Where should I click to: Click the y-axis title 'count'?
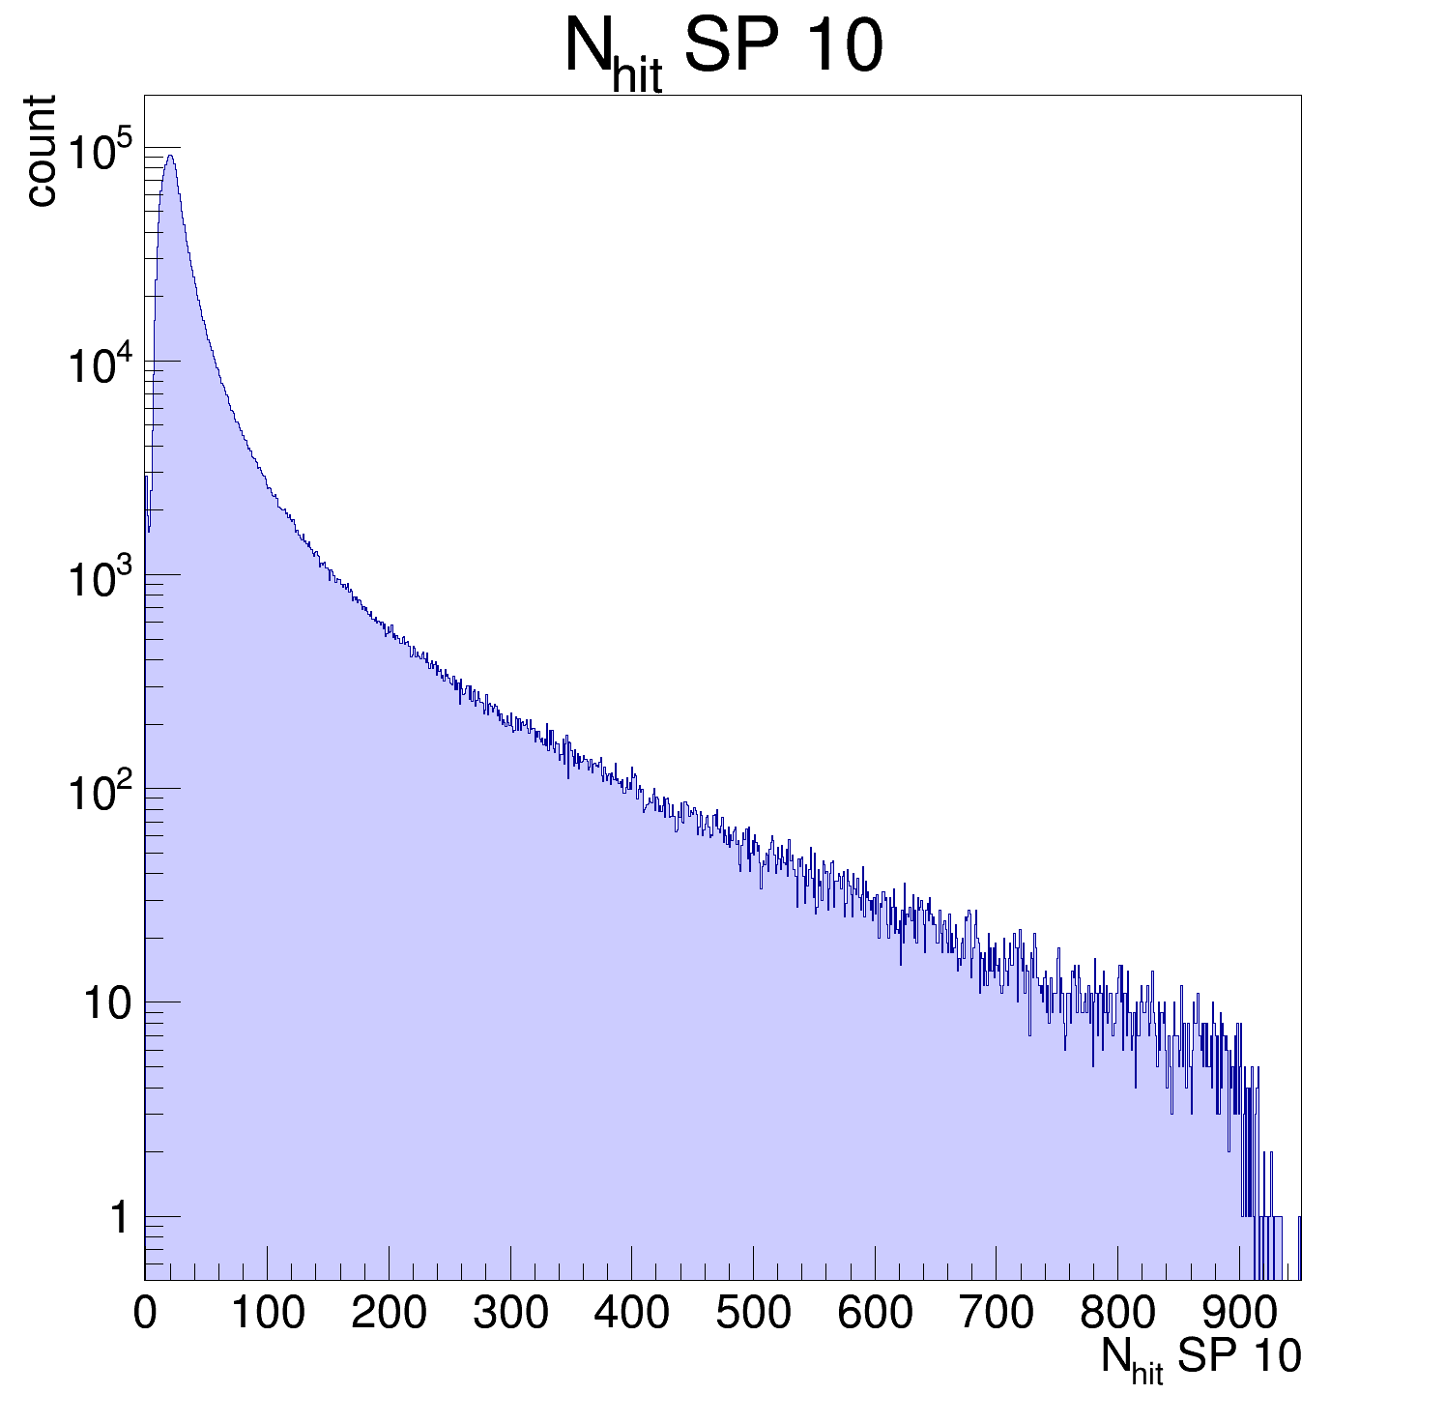coord(41,150)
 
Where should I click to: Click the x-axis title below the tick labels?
coord(1200,1358)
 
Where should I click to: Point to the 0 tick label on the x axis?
coord(145,1313)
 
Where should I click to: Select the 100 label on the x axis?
coord(268,1313)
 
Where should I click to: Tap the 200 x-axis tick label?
coord(389,1313)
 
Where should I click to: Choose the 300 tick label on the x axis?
coord(510,1313)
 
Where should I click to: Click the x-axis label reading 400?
coord(632,1313)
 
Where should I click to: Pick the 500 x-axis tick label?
coord(754,1313)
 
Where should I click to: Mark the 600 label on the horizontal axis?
coord(875,1313)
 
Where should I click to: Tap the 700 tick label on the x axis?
coord(997,1313)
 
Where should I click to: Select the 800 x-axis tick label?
coord(1118,1313)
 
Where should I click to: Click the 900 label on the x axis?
coord(1239,1313)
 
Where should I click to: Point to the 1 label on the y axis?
coord(119,1218)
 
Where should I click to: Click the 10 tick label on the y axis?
coord(106,1004)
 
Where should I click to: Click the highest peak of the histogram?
coord(170,156)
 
